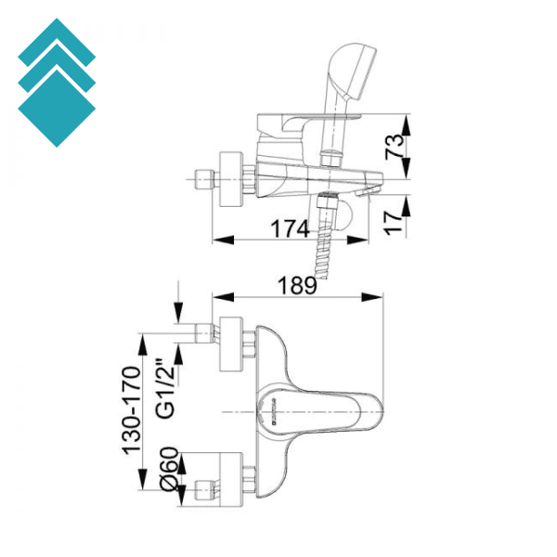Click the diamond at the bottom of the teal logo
(56, 108)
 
